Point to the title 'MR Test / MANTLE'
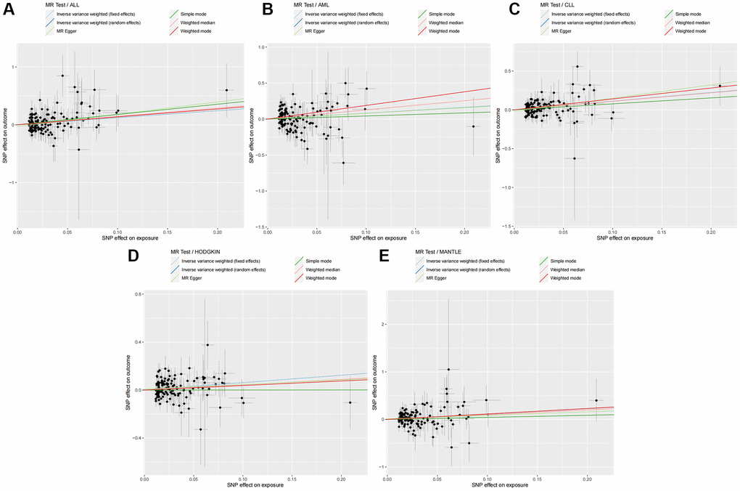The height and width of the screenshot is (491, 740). point(441,251)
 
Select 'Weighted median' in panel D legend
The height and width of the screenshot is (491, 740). point(323,269)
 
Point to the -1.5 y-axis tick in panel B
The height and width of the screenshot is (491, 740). point(258,227)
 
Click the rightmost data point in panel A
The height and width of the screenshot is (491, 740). point(226,90)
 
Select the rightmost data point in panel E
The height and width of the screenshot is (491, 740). point(596,400)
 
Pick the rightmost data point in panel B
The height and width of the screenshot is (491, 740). point(474,126)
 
